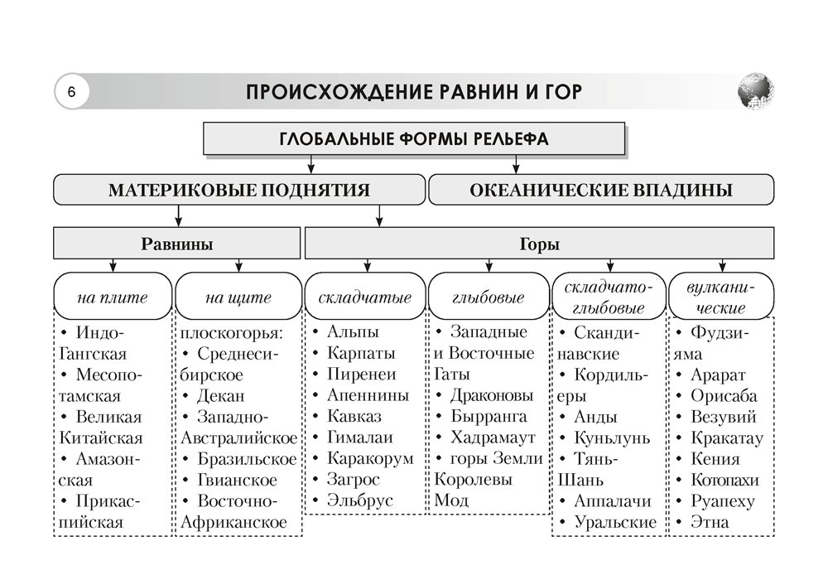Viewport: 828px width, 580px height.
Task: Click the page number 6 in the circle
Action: (72, 91)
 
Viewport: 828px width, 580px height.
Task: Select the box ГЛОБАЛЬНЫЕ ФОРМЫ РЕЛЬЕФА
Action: (414, 138)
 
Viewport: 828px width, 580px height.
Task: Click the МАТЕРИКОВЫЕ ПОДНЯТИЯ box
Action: (238, 190)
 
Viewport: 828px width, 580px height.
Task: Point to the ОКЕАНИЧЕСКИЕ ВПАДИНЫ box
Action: (600, 190)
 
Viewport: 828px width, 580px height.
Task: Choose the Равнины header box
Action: (176, 244)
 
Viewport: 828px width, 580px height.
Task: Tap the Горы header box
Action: (539, 244)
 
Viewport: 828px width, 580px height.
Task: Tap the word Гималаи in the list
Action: (360, 437)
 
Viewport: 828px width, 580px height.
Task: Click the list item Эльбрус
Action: (360, 501)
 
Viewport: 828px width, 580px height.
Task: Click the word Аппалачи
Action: (613, 501)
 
